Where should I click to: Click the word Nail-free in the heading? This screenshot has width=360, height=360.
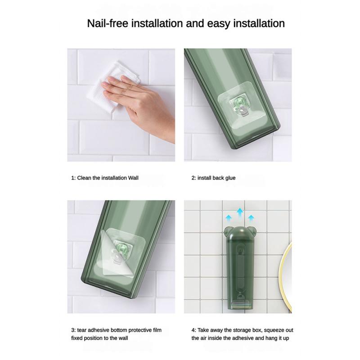(x=108, y=24)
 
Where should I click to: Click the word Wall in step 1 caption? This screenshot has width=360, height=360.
(x=133, y=178)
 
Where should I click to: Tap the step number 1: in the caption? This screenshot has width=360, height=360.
(x=73, y=178)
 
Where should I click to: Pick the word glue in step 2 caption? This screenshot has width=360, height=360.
(x=230, y=178)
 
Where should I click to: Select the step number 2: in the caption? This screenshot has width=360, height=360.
(x=194, y=178)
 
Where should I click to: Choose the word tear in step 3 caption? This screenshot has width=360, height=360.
(x=82, y=330)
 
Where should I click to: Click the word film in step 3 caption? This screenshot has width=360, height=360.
(x=157, y=330)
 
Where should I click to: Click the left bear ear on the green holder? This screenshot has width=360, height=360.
(x=227, y=231)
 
